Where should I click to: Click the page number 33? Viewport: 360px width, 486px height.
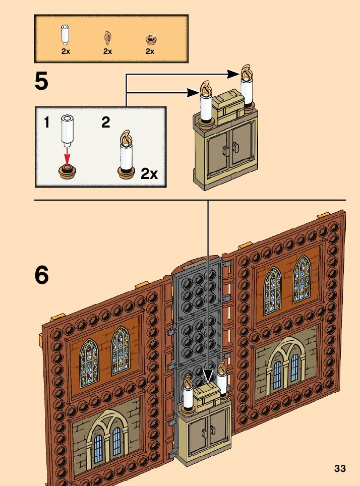click(340, 468)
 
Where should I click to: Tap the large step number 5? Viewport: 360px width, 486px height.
click(42, 82)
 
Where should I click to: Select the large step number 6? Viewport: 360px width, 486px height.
click(42, 275)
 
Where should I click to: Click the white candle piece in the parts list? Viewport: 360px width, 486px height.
click(65, 35)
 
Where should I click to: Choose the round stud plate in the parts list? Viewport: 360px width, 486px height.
click(150, 38)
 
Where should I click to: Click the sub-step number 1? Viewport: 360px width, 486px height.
click(46, 123)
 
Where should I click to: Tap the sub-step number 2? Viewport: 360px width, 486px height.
click(105, 123)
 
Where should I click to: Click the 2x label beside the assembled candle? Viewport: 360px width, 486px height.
click(149, 174)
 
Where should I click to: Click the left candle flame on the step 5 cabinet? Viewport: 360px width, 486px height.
click(206, 89)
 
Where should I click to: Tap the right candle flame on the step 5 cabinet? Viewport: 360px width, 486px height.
click(247, 73)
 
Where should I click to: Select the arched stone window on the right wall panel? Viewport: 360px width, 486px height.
click(286, 366)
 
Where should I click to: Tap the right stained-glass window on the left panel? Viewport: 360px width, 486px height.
click(120, 351)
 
